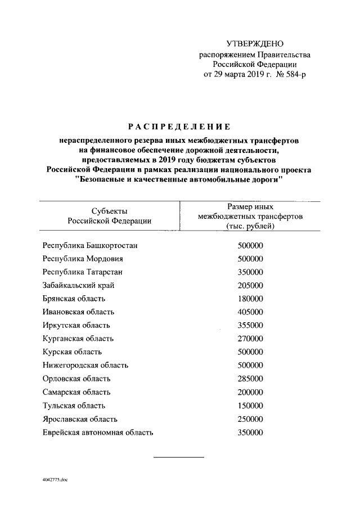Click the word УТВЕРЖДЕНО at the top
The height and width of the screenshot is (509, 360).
point(255,44)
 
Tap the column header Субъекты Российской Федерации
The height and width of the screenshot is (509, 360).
point(109,216)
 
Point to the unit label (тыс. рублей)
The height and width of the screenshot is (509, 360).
point(250,226)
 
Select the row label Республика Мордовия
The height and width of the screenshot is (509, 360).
point(83,259)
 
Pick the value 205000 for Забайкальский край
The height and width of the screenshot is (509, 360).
point(250,285)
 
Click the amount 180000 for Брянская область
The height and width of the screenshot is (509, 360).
point(250,298)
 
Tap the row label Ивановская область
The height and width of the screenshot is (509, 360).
point(78,312)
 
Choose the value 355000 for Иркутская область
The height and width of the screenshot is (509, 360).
point(250,325)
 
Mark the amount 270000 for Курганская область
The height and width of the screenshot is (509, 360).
point(250,338)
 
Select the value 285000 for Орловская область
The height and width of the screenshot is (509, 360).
point(250,378)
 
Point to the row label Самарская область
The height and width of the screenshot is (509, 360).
point(76,392)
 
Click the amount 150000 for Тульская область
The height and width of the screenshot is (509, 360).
point(250,405)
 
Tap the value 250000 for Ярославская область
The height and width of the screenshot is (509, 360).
point(250,419)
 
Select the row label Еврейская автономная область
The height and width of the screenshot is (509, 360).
point(98,433)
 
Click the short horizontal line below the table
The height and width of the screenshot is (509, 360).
point(179,456)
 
